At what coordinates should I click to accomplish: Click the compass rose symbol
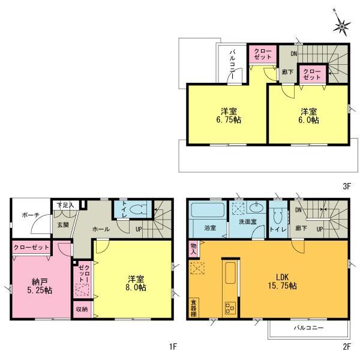(x=343, y=26)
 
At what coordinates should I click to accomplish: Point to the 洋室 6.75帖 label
(x=227, y=115)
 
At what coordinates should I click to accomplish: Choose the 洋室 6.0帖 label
(x=309, y=115)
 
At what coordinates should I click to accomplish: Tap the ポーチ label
(x=31, y=215)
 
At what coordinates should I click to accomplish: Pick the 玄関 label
(x=64, y=225)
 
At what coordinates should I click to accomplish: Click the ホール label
(x=100, y=229)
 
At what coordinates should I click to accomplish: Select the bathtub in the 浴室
(x=207, y=213)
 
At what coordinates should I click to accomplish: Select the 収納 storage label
(x=81, y=309)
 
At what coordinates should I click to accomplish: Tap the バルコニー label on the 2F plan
(x=309, y=329)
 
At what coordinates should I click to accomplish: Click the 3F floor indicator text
(x=346, y=187)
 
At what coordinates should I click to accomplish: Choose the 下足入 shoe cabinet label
(x=65, y=205)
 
